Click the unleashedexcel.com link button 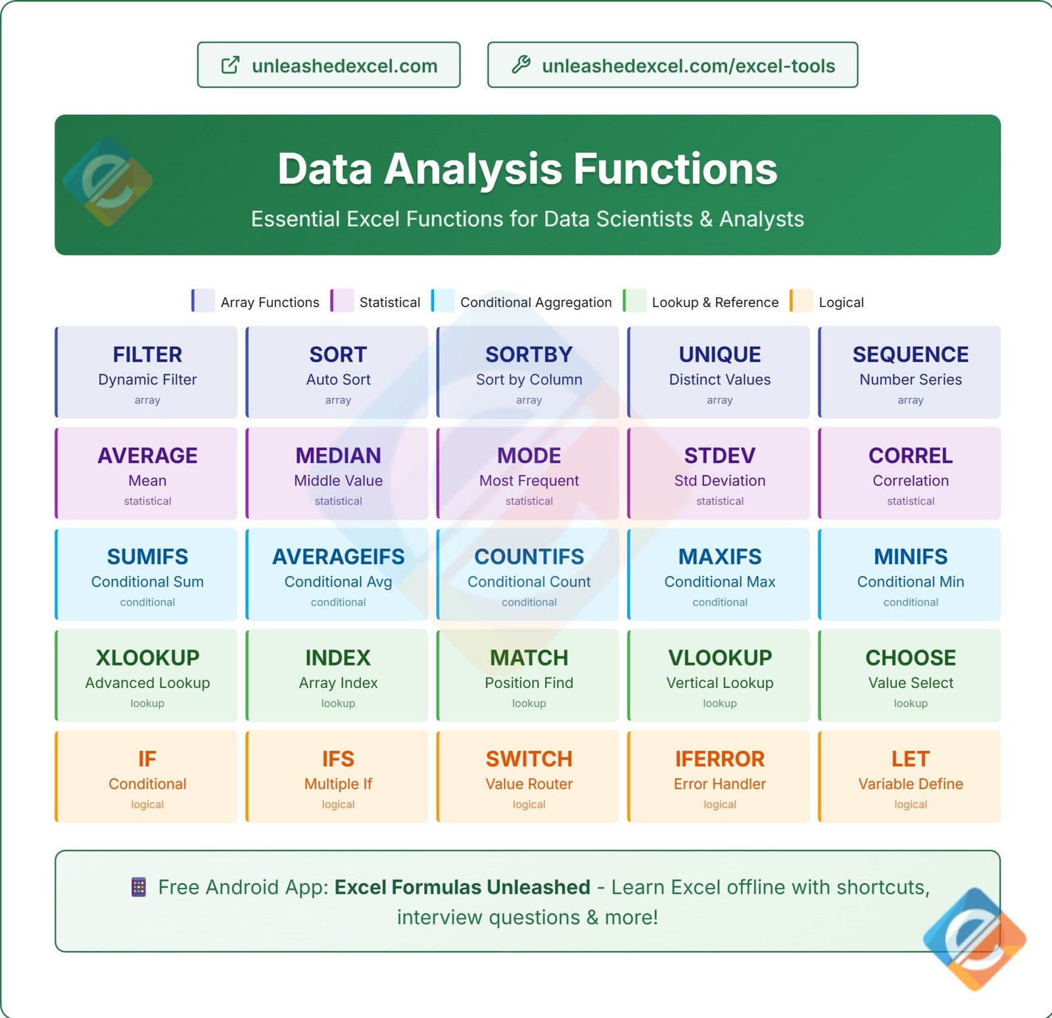(329, 65)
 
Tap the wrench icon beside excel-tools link (521, 64)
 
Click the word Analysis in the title (478, 169)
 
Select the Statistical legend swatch (342, 301)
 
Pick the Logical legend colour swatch (801, 301)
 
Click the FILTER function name (147, 354)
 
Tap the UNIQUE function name (719, 354)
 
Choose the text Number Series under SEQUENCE (910, 379)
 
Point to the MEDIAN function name (338, 455)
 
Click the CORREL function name (910, 455)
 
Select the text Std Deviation (719, 481)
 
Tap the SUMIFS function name (147, 556)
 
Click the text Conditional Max (719, 582)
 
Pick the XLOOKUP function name (147, 658)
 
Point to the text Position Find (529, 683)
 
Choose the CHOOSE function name (910, 658)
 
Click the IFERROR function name (719, 759)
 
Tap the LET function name (910, 759)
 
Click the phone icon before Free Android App (139, 887)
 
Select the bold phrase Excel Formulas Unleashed (462, 887)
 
